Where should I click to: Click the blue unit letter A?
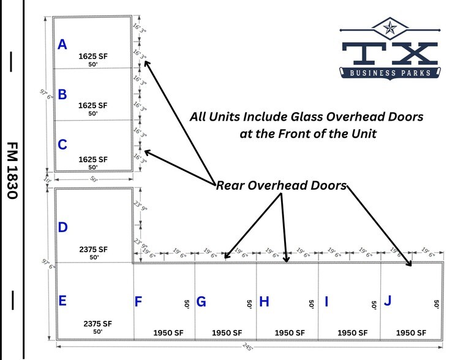[x=62, y=44]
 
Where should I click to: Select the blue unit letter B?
[x=62, y=94]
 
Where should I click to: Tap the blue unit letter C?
[x=62, y=145]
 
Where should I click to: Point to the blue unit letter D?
[x=62, y=228]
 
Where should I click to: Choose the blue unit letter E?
[x=62, y=301]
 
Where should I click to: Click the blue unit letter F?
[x=138, y=302]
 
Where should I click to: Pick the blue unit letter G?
[x=201, y=302]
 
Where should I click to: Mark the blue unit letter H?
[x=264, y=302]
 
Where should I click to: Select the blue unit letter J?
[x=387, y=301]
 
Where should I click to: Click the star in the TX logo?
[x=390, y=27]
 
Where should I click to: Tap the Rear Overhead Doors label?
[x=281, y=186]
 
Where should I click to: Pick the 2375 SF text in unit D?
[x=93, y=249]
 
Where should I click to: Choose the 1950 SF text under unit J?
[x=412, y=332]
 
